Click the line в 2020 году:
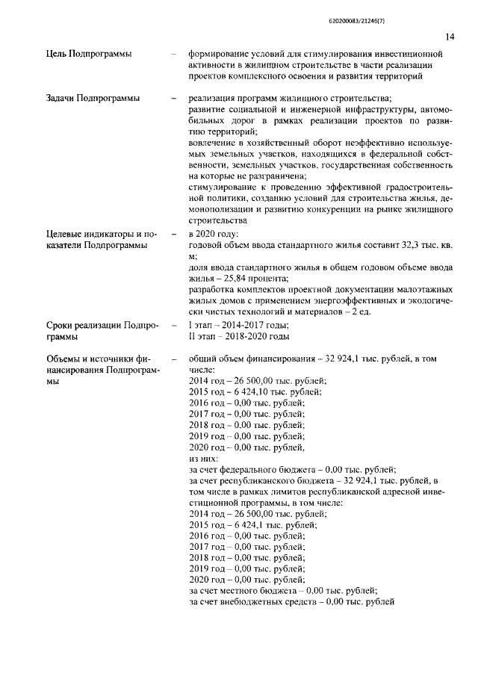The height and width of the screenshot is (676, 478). coord(214,234)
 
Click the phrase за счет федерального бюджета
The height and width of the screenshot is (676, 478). coord(255,469)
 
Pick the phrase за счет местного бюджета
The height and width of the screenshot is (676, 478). coord(243,591)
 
